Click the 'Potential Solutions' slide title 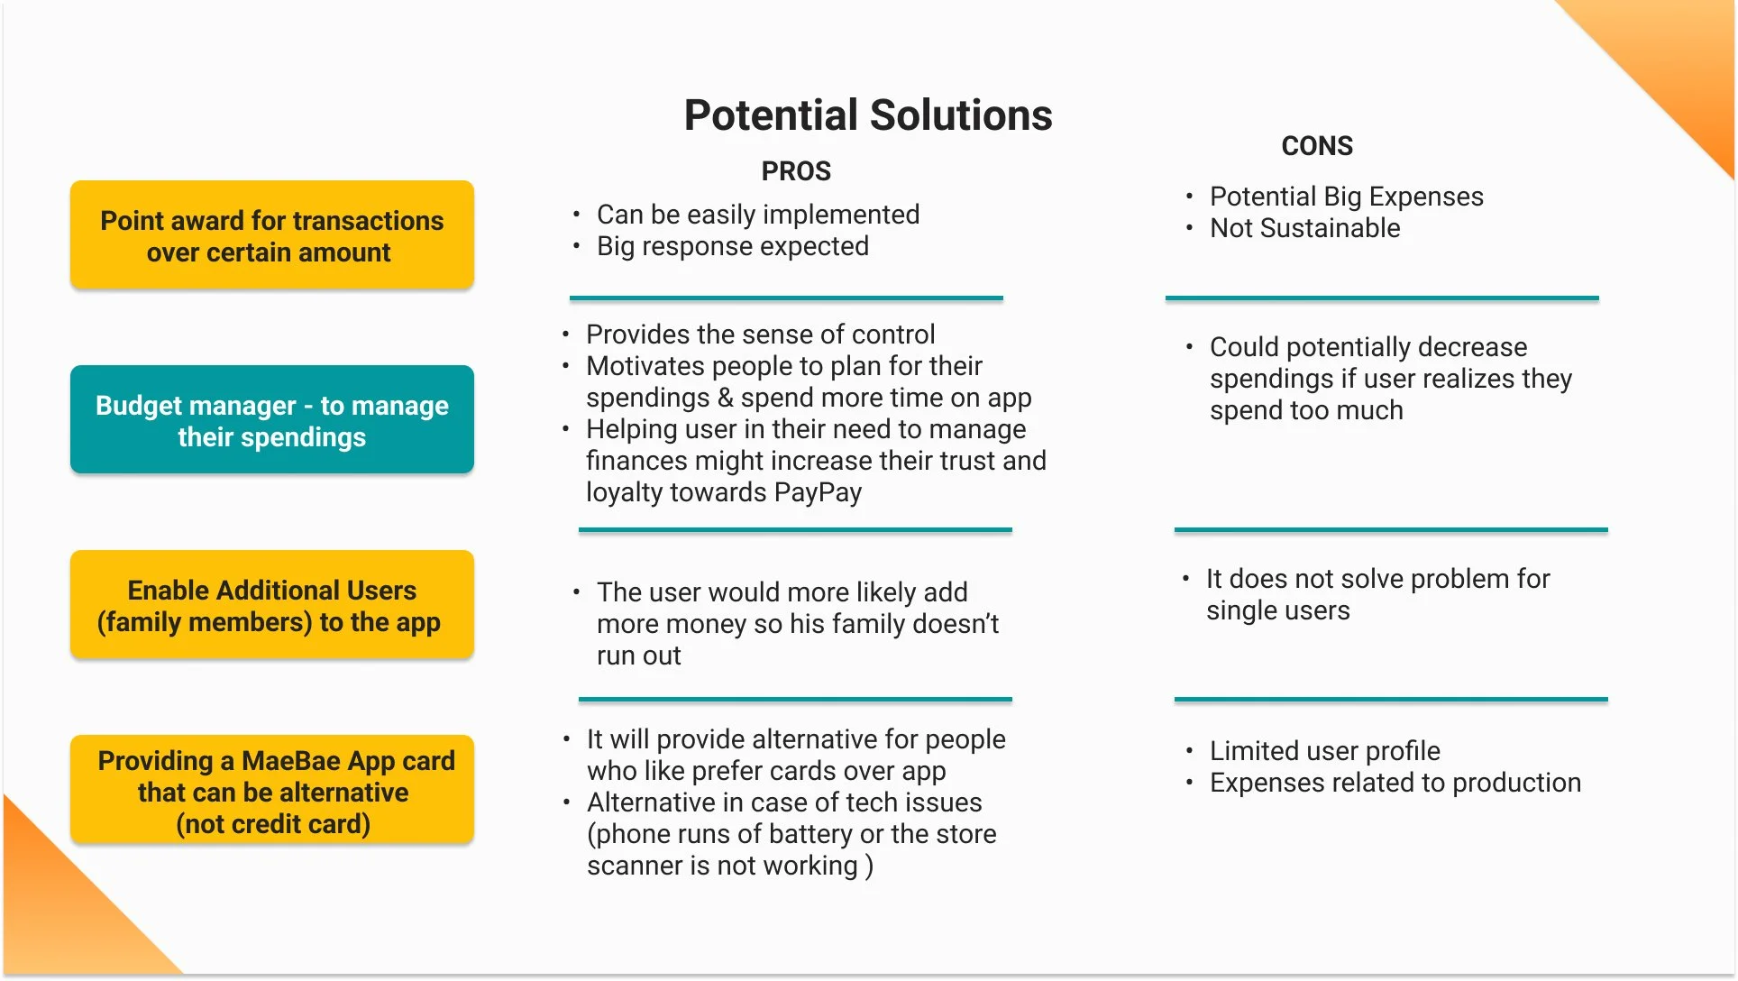(x=867, y=115)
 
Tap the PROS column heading (x=796, y=171)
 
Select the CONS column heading (x=1317, y=146)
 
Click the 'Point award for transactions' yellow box (x=272, y=235)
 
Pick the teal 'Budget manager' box (x=272, y=420)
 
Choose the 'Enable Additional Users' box (x=272, y=605)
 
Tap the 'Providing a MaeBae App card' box (x=272, y=791)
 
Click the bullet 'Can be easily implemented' (x=757, y=215)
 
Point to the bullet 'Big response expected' (x=732, y=246)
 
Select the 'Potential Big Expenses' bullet (x=1346, y=197)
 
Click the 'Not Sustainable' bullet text (x=1304, y=228)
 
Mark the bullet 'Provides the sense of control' (x=760, y=335)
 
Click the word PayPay (x=818, y=492)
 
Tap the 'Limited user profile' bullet (x=1324, y=751)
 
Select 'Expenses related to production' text (x=1395, y=783)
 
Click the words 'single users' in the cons (x=1277, y=610)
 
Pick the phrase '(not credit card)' (x=273, y=824)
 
